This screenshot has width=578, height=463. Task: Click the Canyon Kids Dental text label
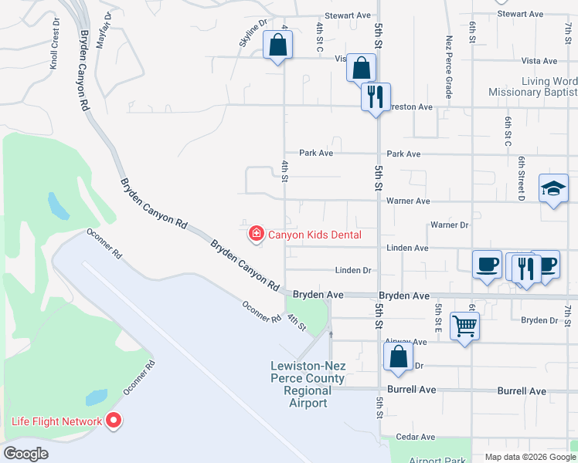click(x=314, y=234)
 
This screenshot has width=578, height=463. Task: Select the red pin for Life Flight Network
click(x=114, y=421)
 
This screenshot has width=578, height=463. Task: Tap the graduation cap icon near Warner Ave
click(x=553, y=188)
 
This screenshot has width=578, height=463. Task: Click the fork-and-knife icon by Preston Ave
click(x=376, y=97)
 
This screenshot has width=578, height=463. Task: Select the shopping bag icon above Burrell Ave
click(x=398, y=358)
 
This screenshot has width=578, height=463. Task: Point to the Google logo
click(x=25, y=454)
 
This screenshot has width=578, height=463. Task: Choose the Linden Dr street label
click(x=353, y=270)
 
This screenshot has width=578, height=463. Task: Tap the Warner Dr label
click(x=449, y=225)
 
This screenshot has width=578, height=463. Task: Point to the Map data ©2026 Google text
click(x=530, y=457)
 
